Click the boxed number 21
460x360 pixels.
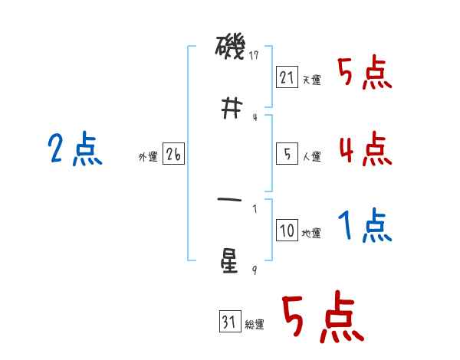coord(287,77)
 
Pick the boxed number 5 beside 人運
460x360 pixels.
coord(287,154)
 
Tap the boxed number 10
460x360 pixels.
coord(287,231)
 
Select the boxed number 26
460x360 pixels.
coord(173,154)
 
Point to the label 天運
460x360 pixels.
coord(311,80)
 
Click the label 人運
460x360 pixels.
coord(311,156)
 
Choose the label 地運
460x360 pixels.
coord(311,233)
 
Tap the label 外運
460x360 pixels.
coord(148,156)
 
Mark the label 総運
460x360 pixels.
coord(254,325)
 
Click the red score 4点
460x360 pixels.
coord(365,149)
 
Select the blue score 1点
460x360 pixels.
coord(365,225)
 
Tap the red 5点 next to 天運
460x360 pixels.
coord(365,73)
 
